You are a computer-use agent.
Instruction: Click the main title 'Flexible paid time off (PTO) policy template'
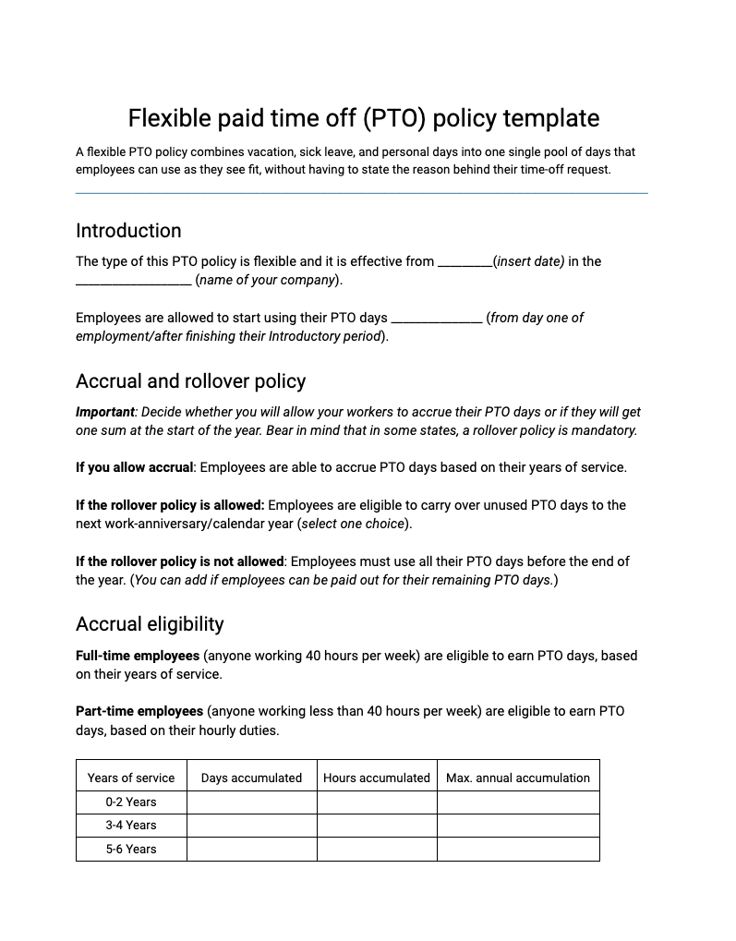pos(363,118)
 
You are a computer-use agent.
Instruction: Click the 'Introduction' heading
pos(128,231)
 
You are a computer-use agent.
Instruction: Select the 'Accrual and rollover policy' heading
pos(190,381)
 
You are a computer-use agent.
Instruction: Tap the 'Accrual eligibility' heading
pos(150,624)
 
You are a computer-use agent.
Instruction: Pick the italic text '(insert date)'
pos(529,261)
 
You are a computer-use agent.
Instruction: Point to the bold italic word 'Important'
pos(104,412)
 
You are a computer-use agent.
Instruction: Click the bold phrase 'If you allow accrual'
pos(134,467)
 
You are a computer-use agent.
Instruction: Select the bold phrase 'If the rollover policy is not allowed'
pos(179,561)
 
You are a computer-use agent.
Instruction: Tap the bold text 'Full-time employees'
pos(138,656)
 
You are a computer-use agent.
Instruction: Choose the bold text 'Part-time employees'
pos(139,711)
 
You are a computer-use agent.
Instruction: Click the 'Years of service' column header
pos(131,778)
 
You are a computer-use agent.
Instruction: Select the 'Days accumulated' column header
pos(251,778)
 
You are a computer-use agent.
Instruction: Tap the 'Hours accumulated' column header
pos(376,778)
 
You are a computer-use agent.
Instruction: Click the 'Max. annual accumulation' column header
pos(517,778)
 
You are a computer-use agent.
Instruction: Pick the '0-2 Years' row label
pos(131,802)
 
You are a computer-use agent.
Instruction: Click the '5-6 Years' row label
pos(131,849)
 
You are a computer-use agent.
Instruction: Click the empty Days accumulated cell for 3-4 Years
pos(251,826)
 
